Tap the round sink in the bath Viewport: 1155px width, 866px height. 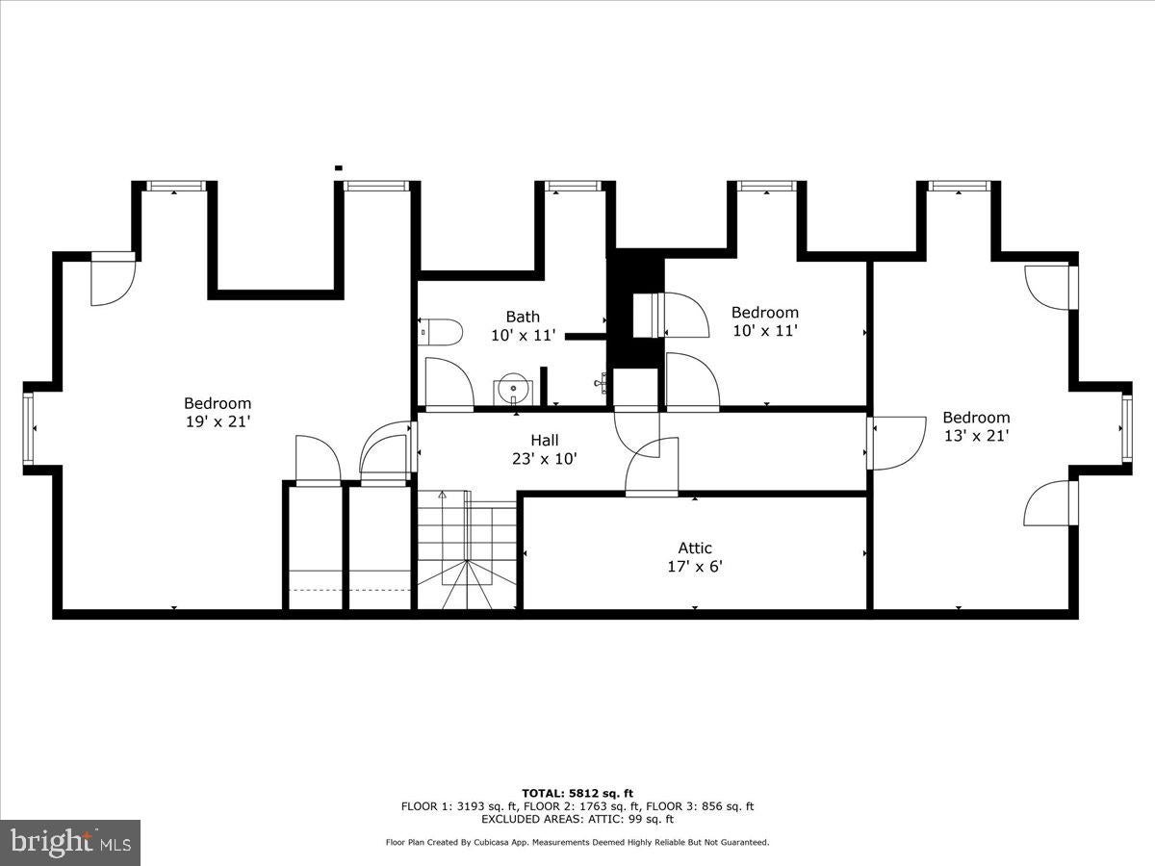(514, 391)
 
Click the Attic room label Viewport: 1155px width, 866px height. (695, 557)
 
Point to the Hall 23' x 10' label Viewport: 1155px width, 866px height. (545, 449)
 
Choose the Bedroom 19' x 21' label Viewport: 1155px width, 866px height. (218, 412)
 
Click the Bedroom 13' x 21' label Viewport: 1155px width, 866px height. (976, 426)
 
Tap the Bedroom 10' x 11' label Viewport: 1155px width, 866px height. (764, 320)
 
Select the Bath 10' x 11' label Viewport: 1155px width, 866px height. (523, 325)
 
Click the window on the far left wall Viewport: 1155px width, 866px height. (29, 428)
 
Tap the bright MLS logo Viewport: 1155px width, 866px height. (70, 843)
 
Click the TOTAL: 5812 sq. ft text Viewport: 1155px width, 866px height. (577, 793)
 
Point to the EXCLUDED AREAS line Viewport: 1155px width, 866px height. (577, 819)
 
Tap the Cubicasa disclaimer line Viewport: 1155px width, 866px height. (577, 842)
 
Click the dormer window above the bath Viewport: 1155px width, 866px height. (573, 186)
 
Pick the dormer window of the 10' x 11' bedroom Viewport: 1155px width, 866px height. (766, 186)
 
